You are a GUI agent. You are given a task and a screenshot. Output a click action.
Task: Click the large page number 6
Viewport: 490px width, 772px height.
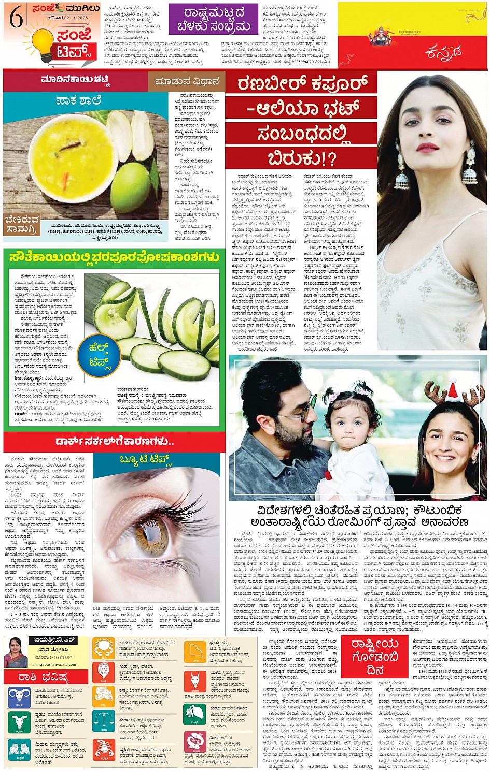pyautogui.click(x=16, y=19)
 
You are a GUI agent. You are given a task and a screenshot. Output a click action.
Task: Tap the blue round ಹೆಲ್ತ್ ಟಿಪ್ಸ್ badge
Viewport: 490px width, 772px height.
pyautogui.click(x=99, y=355)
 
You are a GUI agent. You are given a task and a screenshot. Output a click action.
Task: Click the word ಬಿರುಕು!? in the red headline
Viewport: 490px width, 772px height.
pyautogui.click(x=300, y=157)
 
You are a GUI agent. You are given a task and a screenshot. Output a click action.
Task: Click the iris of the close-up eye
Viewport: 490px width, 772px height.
pyautogui.click(x=152, y=534)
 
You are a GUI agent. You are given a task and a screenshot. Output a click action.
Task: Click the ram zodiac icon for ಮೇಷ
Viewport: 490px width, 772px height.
pyautogui.click(x=18, y=697)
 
